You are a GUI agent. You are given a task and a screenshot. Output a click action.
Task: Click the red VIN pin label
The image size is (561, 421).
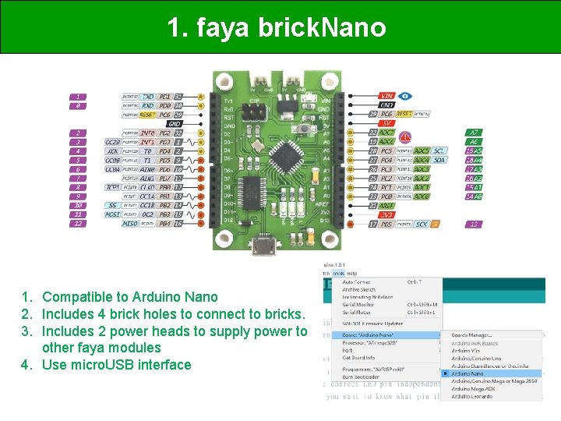386,96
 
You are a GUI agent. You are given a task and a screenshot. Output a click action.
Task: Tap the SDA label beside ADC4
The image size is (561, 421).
440,160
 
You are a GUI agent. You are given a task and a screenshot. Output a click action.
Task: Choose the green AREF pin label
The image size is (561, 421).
386,206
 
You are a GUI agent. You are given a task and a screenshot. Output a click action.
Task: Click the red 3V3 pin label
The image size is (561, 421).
386,215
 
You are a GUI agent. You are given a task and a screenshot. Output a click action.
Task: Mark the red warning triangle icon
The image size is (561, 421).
404,150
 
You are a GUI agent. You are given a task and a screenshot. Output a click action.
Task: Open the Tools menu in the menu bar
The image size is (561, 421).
338,274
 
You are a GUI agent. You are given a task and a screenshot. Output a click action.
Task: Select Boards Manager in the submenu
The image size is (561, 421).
475,335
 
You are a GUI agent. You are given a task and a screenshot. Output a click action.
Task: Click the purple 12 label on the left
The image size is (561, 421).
77,224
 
